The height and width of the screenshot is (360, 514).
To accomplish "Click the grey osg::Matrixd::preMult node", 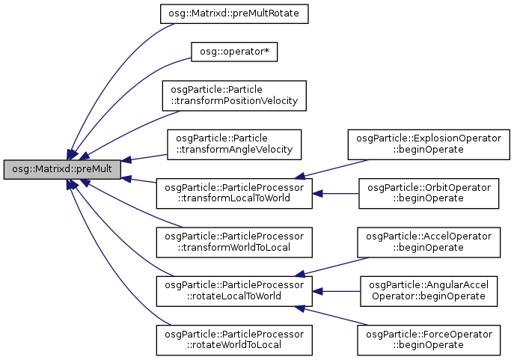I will click(62, 169).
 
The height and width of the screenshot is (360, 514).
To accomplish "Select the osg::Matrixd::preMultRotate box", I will click(233, 14).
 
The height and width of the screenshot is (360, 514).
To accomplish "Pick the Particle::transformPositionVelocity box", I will click(233, 94).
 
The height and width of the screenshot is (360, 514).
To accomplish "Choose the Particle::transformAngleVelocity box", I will click(233, 144).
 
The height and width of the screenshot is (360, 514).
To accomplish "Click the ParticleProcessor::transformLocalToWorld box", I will click(233, 193).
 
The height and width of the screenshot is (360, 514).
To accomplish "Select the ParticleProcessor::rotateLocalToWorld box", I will click(233, 291).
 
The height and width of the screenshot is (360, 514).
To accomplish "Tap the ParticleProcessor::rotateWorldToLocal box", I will click(233, 340).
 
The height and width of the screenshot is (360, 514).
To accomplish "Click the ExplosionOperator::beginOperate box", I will click(427, 144).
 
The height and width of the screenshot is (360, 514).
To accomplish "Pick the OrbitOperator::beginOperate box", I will click(427, 193).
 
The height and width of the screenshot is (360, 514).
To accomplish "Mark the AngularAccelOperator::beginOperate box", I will click(427, 291).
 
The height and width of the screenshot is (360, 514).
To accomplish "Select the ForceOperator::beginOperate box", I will click(427, 340).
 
